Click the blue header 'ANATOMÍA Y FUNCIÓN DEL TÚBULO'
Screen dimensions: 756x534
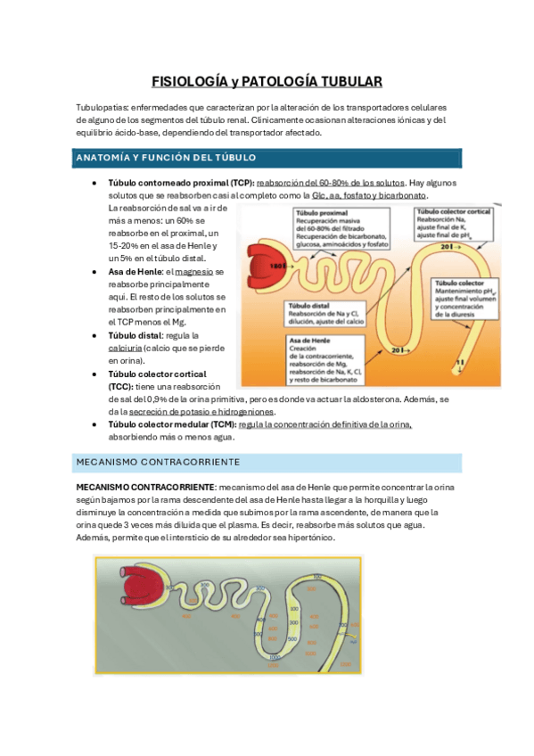[167, 158]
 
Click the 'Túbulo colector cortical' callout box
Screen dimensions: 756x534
[452, 225]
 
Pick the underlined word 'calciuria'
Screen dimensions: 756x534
[127, 348]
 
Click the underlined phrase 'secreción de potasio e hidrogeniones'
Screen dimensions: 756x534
[201, 412]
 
